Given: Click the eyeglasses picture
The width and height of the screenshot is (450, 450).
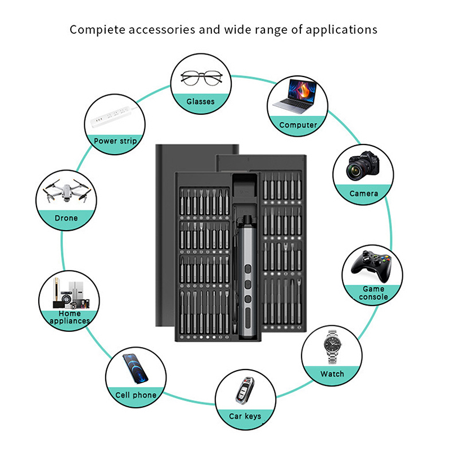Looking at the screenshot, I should pos(201,77).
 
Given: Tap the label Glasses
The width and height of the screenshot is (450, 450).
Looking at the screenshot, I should pos(201,101).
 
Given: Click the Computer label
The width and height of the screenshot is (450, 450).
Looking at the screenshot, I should pos(298,125).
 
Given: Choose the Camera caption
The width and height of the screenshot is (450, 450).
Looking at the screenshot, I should pos(363,193).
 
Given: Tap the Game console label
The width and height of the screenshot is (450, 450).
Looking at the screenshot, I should pos(373,292).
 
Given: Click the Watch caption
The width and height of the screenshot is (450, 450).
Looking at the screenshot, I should pos(332,374).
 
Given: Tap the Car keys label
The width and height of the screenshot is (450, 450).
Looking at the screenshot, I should pos(245,416).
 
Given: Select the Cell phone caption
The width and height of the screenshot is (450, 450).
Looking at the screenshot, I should pos(136,395).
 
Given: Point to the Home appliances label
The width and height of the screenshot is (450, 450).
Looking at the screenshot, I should pos(69,317).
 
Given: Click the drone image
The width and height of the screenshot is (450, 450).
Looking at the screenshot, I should pos(66,192).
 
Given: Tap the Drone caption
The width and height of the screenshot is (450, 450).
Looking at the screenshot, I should pos(66,218).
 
